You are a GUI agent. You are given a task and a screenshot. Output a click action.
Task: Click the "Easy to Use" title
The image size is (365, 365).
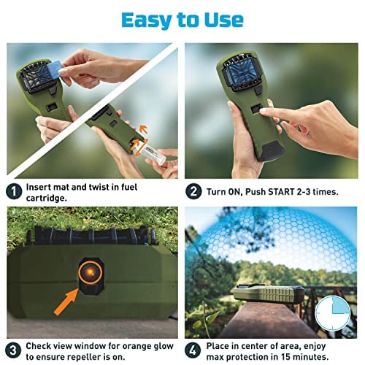(182, 20)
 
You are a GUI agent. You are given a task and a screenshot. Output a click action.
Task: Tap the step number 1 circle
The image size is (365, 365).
(14, 191)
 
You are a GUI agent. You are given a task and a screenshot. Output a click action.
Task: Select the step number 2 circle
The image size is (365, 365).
(193, 191)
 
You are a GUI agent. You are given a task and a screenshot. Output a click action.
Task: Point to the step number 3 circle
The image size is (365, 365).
(14, 350)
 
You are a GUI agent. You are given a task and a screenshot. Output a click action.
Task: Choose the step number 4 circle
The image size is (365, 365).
(193, 350)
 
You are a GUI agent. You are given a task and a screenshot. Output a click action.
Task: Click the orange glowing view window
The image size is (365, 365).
(90, 272)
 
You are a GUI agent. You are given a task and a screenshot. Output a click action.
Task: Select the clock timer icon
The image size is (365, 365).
(332, 313)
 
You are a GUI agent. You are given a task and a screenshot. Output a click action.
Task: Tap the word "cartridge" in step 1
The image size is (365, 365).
(46, 199)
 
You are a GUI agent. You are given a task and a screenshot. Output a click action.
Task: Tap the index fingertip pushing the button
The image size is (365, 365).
(262, 112)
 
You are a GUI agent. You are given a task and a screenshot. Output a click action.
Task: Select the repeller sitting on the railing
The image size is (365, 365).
(268, 294)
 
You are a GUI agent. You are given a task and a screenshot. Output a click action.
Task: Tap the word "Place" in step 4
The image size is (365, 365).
(218, 346)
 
